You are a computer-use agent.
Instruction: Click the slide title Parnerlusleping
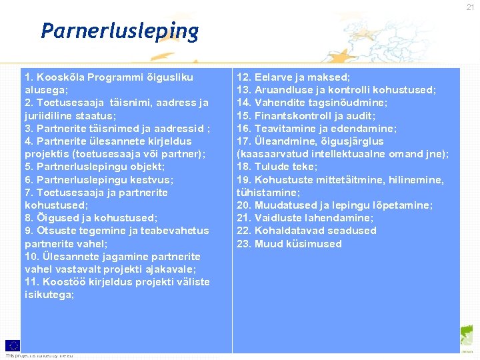point(119,31)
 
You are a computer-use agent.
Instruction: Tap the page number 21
point(471,7)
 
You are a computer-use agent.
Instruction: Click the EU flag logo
point(12,345)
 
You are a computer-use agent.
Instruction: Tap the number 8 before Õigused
point(28,218)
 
